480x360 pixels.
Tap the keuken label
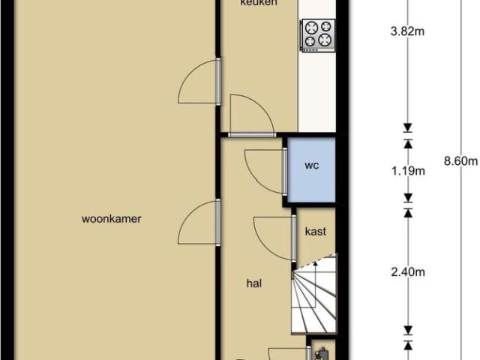(x=259, y=4)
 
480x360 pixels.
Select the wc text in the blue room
(x=312, y=166)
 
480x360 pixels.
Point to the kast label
(x=315, y=232)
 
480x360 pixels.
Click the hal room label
(x=253, y=283)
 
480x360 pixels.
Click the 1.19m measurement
(x=409, y=170)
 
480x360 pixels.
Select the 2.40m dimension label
(x=409, y=271)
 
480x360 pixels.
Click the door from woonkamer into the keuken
(x=199, y=83)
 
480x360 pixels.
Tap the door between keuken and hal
(x=252, y=116)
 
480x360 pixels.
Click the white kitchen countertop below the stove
(x=316, y=90)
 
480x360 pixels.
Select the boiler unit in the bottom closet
(x=322, y=352)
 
